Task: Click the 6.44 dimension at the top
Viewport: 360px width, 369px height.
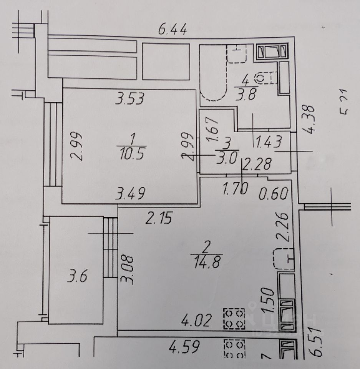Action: (173, 29)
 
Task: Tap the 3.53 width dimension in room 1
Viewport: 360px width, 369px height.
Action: (130, 99)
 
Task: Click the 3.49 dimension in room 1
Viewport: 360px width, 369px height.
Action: (131, 194)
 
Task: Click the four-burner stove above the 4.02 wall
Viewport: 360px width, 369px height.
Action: (234, 318)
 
